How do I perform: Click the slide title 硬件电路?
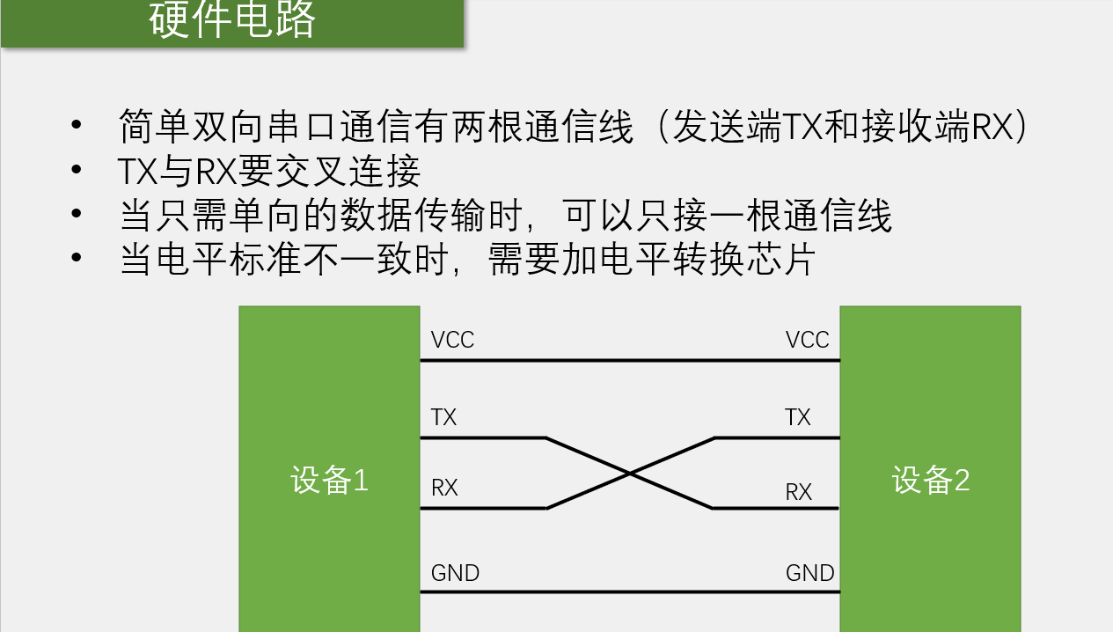coord(232,21)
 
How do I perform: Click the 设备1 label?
coord(329,481)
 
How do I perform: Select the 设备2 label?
coord(930,481)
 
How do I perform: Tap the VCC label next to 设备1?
coord(452,340)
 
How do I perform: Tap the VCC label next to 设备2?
coord(807,340)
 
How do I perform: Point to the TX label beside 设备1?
coord(443,417)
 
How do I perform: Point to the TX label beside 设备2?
coord(797,417)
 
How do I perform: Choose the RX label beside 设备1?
coord(444,488)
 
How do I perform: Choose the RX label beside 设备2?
coord(798,492)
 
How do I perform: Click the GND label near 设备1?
coord(455,573)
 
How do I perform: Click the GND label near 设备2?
coord(809,573)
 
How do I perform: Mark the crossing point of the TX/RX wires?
coord(630,474)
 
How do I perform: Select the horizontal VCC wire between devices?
coord(630,360)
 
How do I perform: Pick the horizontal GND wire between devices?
coord(630,592)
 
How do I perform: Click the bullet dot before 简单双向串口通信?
coord(77,127)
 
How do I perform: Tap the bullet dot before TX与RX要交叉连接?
coord(77,171)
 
